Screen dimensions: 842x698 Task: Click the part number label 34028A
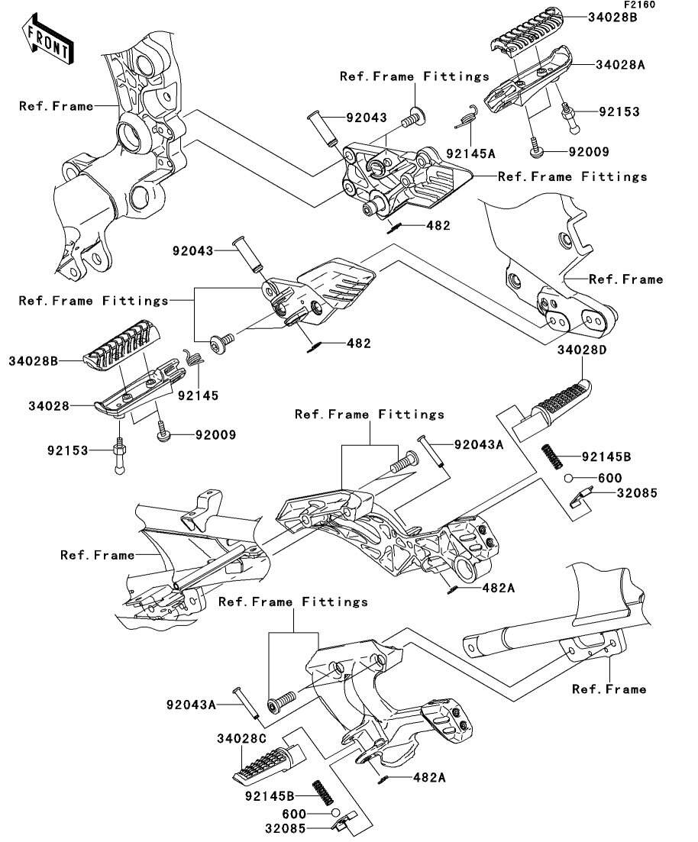click(620, 66)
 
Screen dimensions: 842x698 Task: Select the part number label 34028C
click(241, 739)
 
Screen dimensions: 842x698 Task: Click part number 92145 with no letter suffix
click(198, 395)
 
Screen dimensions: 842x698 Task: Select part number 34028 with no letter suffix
click(35, 407)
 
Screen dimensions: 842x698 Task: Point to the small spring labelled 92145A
click(467, 118)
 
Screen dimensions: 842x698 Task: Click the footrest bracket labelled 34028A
click(527, 89)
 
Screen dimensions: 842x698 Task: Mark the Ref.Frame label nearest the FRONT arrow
click(56, 107)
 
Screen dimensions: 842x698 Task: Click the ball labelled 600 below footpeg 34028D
click(569, 478)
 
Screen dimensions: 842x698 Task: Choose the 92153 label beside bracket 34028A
click(618, 112)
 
